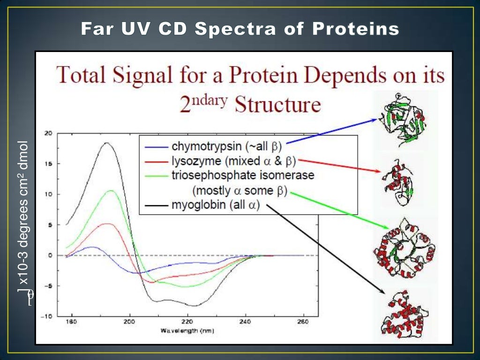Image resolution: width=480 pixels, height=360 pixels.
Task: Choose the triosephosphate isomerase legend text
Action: coord(243,175)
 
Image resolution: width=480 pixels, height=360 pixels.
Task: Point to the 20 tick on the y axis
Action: coord(48,133)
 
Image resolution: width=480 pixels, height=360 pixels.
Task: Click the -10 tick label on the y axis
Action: coord(47,316)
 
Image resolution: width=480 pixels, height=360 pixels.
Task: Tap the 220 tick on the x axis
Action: coord(187,322)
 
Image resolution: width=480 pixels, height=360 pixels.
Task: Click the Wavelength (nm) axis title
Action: coord(187,330)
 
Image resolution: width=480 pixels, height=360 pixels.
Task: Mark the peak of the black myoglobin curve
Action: coord(107,142)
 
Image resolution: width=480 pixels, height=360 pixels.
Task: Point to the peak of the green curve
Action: coord(111,190)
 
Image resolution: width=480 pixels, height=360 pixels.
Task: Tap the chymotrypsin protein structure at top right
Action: coord(404,120)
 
